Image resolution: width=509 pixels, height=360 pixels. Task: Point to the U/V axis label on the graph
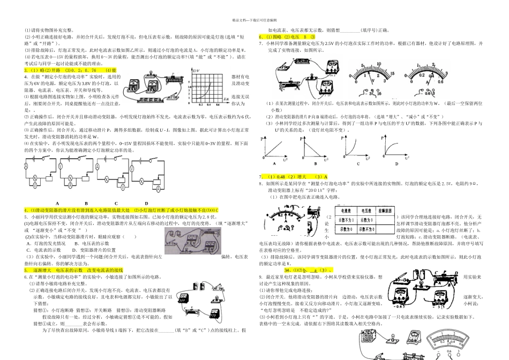(x=196, y=71)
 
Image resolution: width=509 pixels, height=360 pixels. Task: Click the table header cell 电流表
(x=345, y=211)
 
